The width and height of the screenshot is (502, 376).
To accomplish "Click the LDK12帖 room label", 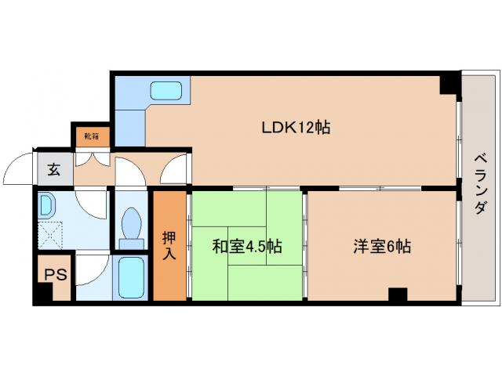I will click(295, 127).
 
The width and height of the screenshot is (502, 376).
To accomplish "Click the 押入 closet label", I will click(169, 245).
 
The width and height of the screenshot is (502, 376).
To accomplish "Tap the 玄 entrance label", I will click(53, 169).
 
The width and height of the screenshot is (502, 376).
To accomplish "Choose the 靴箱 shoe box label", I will click(92, 136).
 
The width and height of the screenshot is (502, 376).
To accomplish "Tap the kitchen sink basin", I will click(166, 92).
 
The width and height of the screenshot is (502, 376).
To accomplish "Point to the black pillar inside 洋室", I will click(398, 296).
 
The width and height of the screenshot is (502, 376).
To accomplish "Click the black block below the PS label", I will click(40, 295).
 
